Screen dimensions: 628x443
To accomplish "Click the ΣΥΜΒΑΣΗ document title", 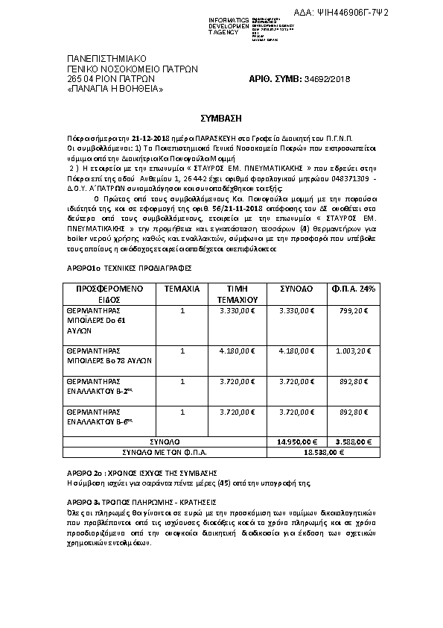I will (x=221, y=118).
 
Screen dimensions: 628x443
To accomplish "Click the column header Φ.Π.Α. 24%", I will (x=357, y=288).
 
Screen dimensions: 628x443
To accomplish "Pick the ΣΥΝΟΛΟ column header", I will (x=296, y=288).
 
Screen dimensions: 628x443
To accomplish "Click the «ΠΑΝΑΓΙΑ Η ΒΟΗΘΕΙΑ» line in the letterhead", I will (x=114, y=89).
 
